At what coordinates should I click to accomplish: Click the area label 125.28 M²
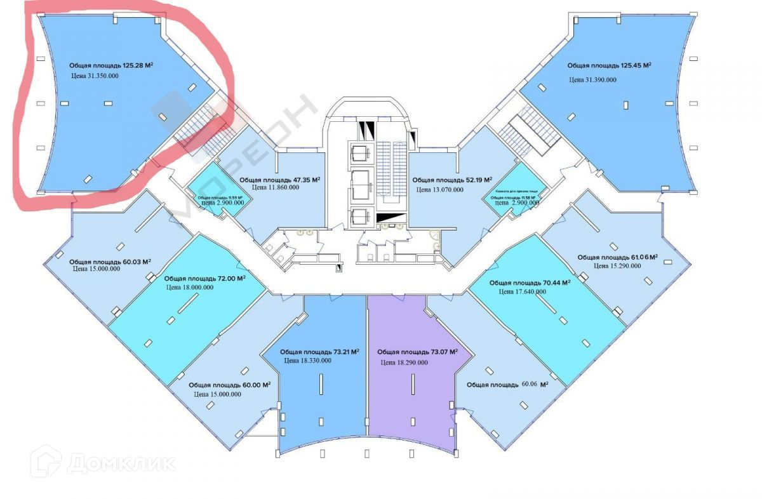(x=112, y=65)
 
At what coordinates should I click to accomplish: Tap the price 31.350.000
(x=95, y=76)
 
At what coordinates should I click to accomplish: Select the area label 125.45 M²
(x=610, y=65)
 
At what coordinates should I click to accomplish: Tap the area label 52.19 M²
(x=452, y=180)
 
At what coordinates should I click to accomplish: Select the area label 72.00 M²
(x=204, y=278)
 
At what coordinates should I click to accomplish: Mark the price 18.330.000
(x=308, y=360)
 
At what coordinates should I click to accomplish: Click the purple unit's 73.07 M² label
(x=417, y=352)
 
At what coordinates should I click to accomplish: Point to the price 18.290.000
(x=404, y=363)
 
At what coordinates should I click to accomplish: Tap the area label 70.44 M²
(x=530, y=283)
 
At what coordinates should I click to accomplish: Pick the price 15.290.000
(x=617, y=266)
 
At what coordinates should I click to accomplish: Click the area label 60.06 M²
(x=507, y=385)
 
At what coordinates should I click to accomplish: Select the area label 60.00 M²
(x=230, y=385)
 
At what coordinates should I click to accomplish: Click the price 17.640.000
(x=523, y=292)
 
